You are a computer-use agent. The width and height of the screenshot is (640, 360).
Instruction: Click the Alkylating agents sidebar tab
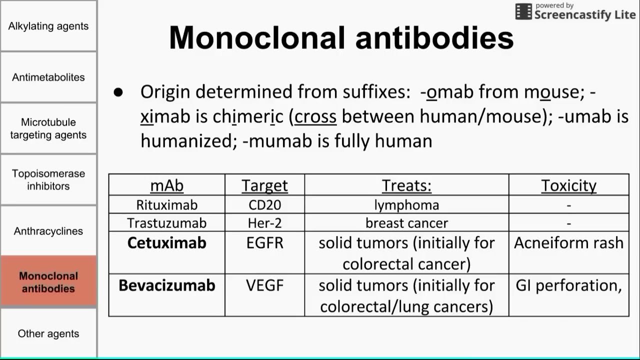(x=48, y=26)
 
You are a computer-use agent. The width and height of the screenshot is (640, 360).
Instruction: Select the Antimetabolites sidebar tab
(x=48, y=77)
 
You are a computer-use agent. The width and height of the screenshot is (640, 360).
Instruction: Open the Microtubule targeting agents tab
(x=48, y=128)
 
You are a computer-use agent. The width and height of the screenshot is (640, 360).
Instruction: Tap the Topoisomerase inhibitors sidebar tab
(x=48, y=179)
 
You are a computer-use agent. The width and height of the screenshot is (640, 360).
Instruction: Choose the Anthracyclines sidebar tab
(x=48, y=231)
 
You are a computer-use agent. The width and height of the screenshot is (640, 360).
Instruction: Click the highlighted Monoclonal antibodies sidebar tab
(x=48, y=282)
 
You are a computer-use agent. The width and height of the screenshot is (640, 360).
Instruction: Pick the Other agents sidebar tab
(x=48, y=333)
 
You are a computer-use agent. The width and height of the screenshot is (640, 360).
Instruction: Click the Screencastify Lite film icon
(x=523, y=12)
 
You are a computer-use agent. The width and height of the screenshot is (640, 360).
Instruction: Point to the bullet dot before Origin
(x=118, y=92)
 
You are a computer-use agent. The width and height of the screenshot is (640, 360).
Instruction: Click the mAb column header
(x=166, y=185)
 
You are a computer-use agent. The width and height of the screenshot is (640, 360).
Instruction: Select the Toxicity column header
(x=568, y=185)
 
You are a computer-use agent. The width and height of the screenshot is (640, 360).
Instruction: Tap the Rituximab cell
(x=166, y=205)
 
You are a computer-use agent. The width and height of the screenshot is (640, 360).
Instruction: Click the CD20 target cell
(x=264, y=205)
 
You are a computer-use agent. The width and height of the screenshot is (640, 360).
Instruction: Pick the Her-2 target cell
(x=264, y=223)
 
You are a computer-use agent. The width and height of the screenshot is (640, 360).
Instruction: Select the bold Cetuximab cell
(x=166, y=243)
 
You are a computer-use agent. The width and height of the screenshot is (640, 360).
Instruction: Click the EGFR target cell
(x=264, y=243)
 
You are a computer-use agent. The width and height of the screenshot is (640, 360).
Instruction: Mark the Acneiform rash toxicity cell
(x=568, y=243)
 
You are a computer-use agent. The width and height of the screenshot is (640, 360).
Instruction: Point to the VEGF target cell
(x=264, y=285)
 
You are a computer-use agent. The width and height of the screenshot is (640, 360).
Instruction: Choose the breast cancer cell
(x=406, y=223)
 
